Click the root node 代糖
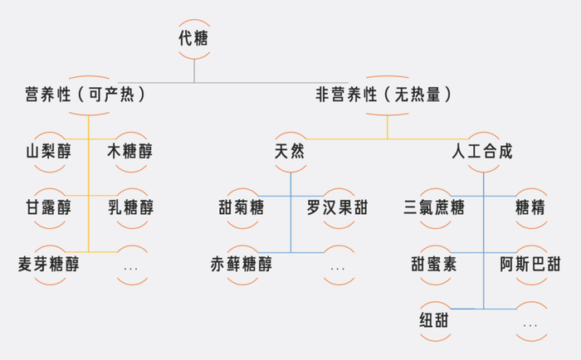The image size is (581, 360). (194, 38)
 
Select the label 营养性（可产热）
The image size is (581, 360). (86, 95)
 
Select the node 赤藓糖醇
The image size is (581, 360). (241, 265)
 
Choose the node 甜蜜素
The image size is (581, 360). (433, 265)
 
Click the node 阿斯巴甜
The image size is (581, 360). (530, 265)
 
